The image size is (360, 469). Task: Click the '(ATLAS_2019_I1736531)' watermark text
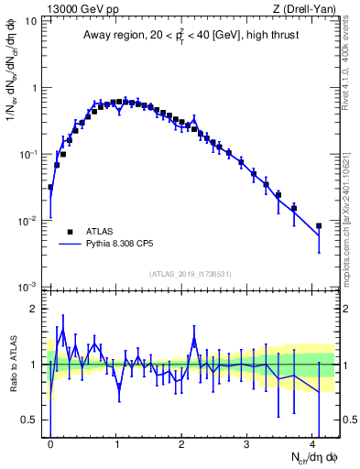click(191, 274)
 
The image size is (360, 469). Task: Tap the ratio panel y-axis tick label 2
click(34, 309)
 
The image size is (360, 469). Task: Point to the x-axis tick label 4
click(313, 442)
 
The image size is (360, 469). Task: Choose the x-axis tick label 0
click(50, 442)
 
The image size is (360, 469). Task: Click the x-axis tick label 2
click(181, 442)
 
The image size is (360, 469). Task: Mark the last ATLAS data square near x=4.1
click(319, 225)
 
